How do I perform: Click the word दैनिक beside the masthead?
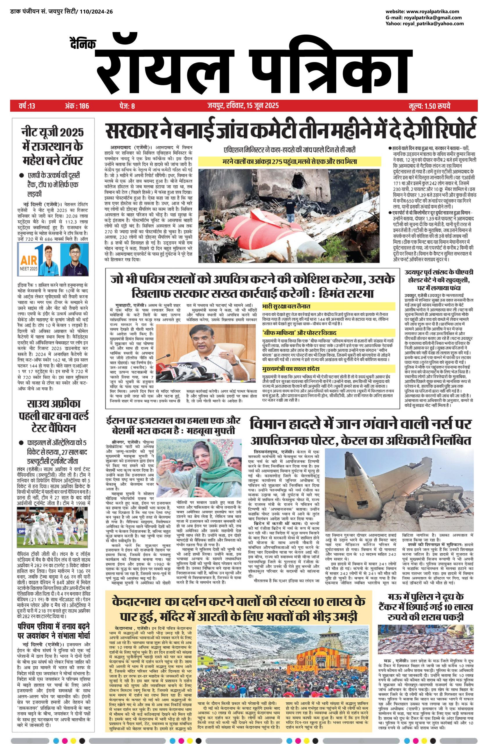tap(82, 44)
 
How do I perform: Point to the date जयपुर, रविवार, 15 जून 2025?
tap(243, 106)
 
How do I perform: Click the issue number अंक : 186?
tap(77, 106)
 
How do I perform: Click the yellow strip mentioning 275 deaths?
tap(289, 162)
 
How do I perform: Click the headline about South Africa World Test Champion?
tap(54, 416)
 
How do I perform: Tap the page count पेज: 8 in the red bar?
tap(127, 106)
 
